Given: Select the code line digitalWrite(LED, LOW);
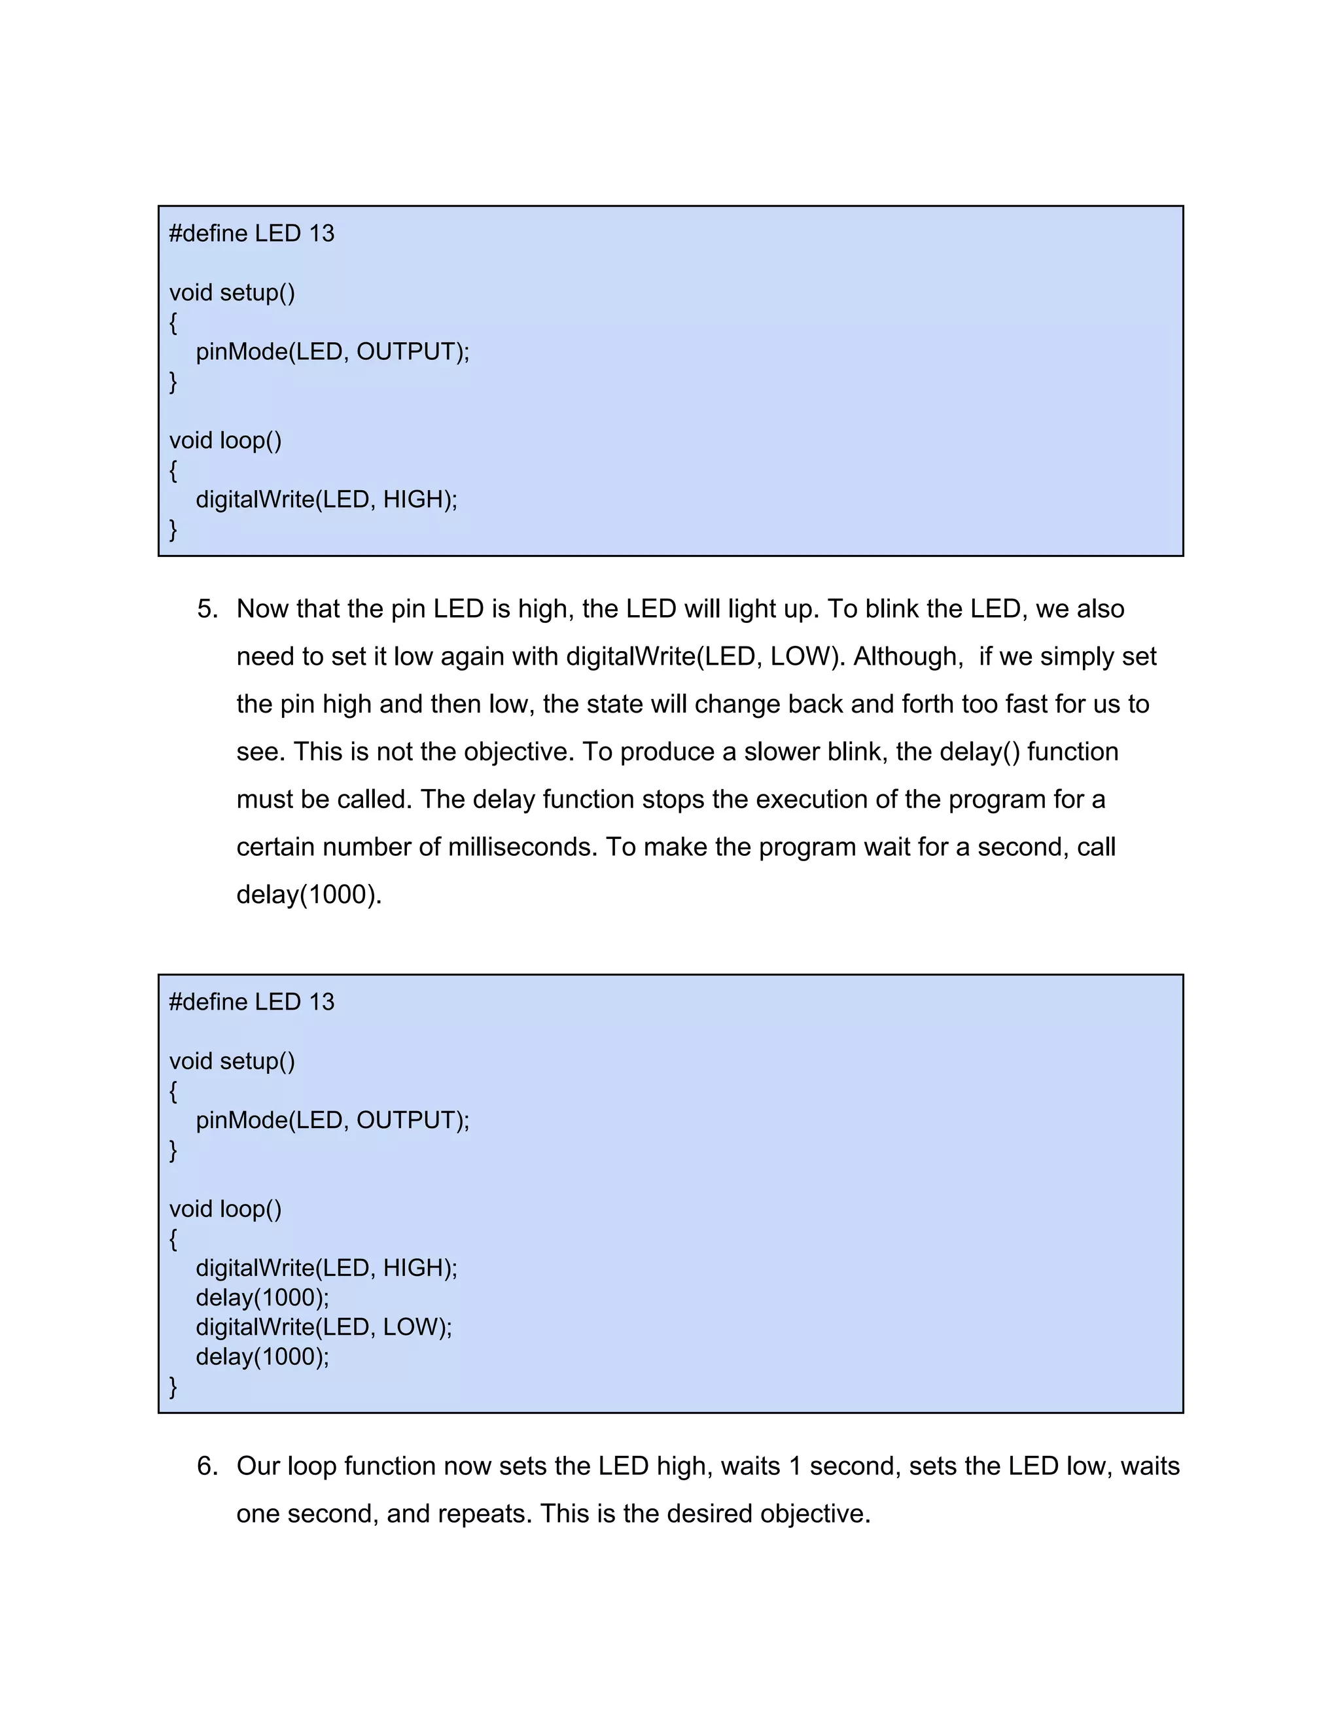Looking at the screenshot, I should [x=324, y=1327].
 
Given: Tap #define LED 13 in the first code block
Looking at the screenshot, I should [x=252, y=234].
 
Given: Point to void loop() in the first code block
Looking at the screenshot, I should [x=226, y=440].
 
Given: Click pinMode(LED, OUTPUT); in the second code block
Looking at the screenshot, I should [x=332, y=1120].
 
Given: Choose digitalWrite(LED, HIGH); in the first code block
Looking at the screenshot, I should [x=326, y=499].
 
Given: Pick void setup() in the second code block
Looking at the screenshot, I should [x=232, y=1061].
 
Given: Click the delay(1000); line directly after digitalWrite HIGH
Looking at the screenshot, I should [x=262, y=1298].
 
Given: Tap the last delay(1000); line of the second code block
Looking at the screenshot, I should [x=262, y=1357].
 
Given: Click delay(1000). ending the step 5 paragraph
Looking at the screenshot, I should [x=309, y=894].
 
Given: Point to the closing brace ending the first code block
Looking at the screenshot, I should [x=173, y=529].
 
